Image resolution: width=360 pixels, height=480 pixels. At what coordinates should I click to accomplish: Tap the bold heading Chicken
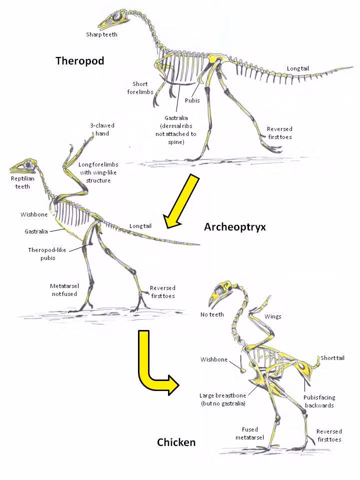pyautogui.click(x=176, y=442)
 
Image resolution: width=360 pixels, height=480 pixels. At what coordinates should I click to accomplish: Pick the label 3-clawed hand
pyautogui.click(x=99, y=129)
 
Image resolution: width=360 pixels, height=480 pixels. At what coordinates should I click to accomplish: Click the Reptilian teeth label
pyautogui.click(x=20, y=182)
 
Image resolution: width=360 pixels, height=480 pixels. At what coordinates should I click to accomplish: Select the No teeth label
pyautogui.click(x=212, y=314)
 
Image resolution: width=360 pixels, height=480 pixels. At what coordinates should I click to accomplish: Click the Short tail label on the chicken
pyautogui.click(x=332, y=358)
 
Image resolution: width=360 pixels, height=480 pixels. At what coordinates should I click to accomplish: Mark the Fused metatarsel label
pyautogui.click(x=249, y=433)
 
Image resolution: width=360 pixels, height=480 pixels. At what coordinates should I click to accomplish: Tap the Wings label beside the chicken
pyautogui.click(x=273, y=316)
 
